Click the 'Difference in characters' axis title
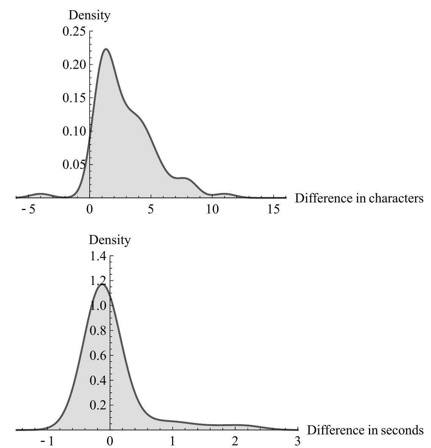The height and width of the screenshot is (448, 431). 359,198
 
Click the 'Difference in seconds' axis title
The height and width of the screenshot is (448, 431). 365,430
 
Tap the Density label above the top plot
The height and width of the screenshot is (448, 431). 89,15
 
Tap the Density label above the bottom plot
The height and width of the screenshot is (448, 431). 110,240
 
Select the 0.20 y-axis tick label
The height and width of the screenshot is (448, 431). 74,64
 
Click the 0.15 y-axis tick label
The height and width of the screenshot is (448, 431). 74,98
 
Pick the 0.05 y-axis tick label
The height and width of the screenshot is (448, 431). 74,165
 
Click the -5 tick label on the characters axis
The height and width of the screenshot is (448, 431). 28,209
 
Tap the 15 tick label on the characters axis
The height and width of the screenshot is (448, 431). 273,209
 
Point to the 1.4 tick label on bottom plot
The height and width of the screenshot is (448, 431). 98,257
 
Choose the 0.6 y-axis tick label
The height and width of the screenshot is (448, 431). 98,356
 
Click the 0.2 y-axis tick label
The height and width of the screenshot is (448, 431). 98,405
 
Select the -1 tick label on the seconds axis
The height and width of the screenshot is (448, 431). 47,441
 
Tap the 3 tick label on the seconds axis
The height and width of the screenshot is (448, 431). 297,441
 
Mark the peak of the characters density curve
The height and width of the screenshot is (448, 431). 106,49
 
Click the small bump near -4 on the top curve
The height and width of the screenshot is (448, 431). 40,194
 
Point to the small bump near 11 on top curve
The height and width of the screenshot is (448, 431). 225,194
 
